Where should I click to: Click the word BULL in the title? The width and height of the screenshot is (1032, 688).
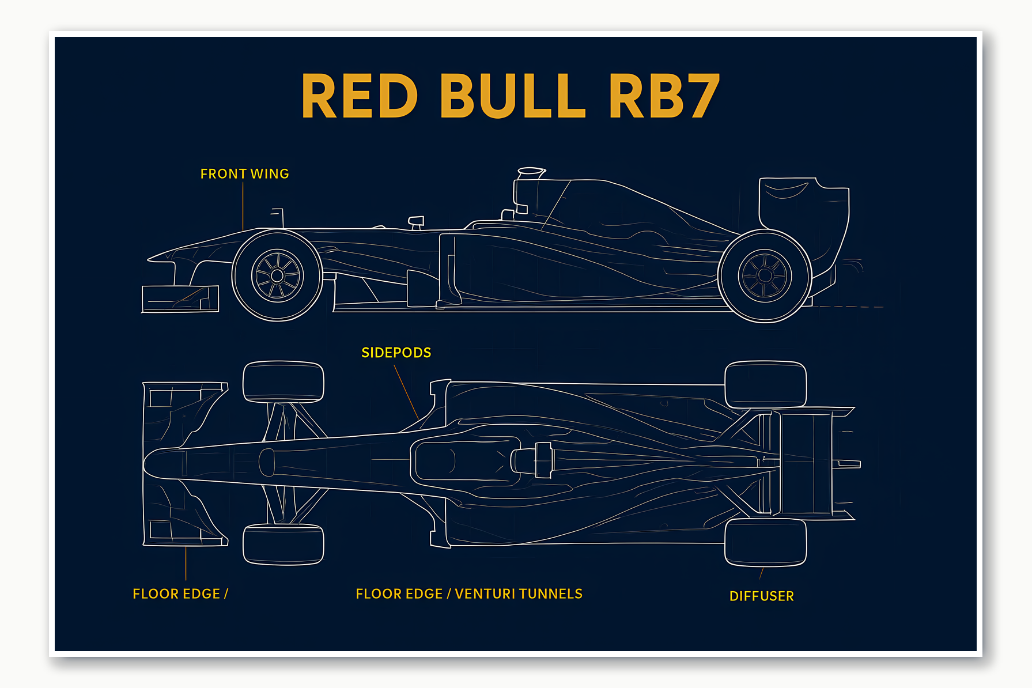pyautogui.click(x=513, y=96)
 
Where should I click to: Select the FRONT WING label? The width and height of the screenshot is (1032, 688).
pyautogui.click(x=244, y=174)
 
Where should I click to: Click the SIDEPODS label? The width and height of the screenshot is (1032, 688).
pyautogui.click(x=396, y=353)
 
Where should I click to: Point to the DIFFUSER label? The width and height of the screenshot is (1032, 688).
pyautogui.click(x=761, y=596)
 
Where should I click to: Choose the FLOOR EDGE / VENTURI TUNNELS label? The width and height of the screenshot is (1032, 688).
pyautogui.click(x=469, y=594)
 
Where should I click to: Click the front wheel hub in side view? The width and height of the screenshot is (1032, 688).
pyautogui.click(x=277, y=276)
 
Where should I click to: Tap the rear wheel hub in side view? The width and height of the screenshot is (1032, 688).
pyautogui.click(x=765, y=275)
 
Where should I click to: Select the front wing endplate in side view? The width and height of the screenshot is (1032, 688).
pyautogui.click(x=180, y=298)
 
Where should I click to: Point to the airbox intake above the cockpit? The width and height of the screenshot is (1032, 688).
pyautogui.click(x=531, y=172)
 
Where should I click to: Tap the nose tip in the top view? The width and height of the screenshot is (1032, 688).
pyautogui.click(x=149, y=463)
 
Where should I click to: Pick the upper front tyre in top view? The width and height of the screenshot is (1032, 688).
pyautogui.click(x=283, y=381)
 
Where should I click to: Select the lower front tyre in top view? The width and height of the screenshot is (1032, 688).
pyautogui.click(x=283, y=544)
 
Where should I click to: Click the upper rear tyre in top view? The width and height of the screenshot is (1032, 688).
pyautogui.click(x=765, y=384)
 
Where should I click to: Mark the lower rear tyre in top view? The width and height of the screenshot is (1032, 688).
pyautogui.click(x=765, y=542)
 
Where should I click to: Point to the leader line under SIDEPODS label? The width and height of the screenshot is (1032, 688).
pyautogui.click(x=406, y=392)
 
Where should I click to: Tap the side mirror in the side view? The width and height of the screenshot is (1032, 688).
pyautogui.click(x=416, y=221)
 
